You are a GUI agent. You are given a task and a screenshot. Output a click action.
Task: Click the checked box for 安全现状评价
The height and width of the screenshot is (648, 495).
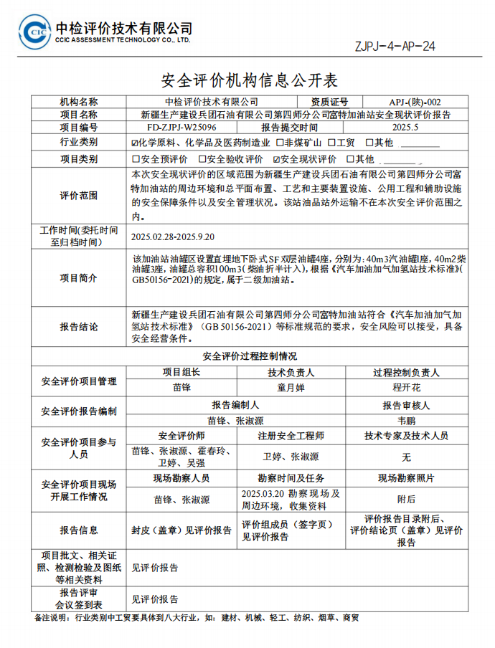click(277, 159)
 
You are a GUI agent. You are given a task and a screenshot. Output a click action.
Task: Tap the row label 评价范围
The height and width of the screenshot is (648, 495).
click(79, 196)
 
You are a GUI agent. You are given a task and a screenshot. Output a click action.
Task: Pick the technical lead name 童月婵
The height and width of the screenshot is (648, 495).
click(291, 388)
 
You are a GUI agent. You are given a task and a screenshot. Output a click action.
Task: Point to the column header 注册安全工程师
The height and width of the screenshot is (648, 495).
click(291, 436)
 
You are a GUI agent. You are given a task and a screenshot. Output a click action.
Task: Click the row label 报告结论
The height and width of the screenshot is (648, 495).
click(79, 327)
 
